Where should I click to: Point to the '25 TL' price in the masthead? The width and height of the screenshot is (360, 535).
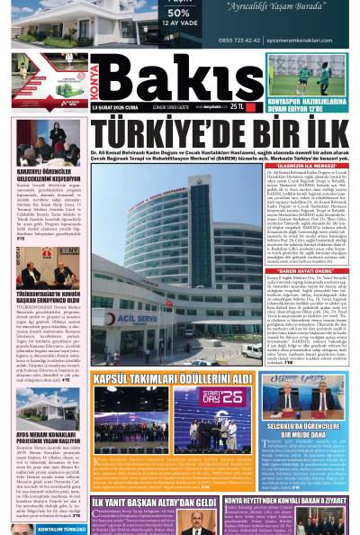237,106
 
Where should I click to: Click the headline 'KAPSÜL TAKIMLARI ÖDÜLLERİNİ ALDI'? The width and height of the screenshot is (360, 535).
171,378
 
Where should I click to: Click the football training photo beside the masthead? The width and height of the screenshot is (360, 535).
307,75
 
